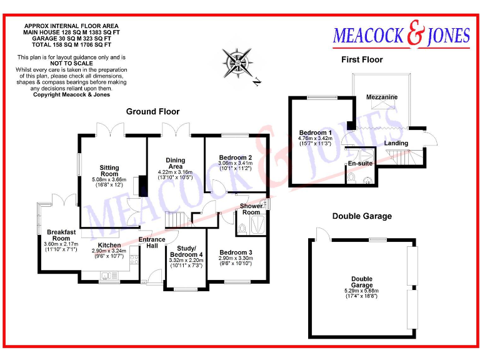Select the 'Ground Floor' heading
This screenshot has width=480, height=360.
tap(152, 112)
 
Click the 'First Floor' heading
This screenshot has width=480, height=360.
tap(362, 60)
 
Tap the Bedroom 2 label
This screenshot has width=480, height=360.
tap(235, 157)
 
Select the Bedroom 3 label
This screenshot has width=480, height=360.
tap(235, 253)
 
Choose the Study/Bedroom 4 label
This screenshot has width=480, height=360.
tap(186, 252)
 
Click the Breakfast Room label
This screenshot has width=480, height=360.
tap(61, 234)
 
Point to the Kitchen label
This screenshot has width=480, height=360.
tap(109, 245)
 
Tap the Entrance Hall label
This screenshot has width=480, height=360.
tap(152, 242)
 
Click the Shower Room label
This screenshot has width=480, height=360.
tap(251, 209)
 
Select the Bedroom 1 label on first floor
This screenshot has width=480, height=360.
tap(315, 133)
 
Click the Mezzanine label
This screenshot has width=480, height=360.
tap(382, 97)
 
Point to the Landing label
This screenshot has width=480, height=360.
tap(396, 143)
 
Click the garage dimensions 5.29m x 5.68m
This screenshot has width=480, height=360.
tap(361, 291)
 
